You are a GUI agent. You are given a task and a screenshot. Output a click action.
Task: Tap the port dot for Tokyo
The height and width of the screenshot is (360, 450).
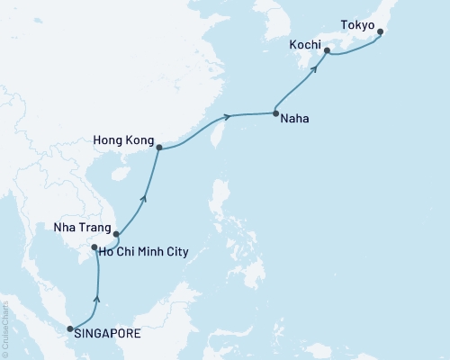click(380, 32)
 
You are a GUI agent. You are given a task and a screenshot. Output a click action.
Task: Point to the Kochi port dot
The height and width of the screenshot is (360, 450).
click(326, 51)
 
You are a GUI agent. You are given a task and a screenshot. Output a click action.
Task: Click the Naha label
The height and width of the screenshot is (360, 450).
click(294, 117)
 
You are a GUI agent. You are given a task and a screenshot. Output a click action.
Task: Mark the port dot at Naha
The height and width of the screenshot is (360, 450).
click(275, 113)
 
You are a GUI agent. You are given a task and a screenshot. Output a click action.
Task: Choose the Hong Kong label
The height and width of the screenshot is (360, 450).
click(123, 140)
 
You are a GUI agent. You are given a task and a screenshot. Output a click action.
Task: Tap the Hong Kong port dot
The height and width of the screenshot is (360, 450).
click(158, 148)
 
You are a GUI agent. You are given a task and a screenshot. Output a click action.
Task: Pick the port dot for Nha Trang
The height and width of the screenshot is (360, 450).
click(116, 236)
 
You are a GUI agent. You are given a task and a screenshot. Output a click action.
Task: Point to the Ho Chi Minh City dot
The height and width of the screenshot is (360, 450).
click(94, 247)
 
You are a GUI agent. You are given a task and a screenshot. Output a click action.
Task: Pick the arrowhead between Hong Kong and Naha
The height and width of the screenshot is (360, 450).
click(229, 115)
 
